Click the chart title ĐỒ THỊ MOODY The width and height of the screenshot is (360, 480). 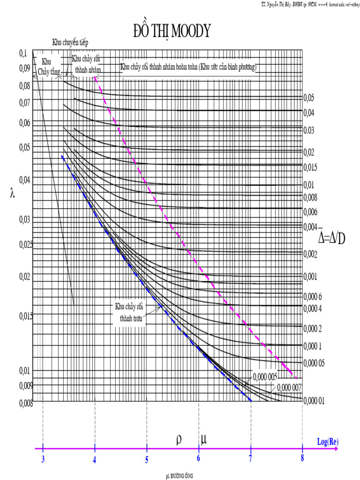(x=172, y=31)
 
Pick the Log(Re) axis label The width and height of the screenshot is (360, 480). (x=327, y=442)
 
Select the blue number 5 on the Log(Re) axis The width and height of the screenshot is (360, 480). (x=147, y=459)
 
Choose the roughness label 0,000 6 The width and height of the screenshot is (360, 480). (x=313, y=296)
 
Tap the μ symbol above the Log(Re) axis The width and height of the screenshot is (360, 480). (x=204, y=440)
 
